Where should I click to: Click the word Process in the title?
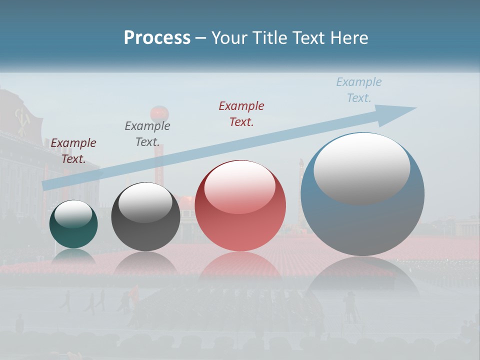click(157, 38)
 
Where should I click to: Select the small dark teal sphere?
click(73, 224)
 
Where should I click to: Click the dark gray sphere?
click(145, 217)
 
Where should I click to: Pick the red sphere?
click(240, 206)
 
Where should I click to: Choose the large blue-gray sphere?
click(362, 194)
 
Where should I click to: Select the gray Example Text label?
click(147, 134)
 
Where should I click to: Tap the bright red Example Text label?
click(241, 113)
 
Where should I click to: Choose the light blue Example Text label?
click(359, 89)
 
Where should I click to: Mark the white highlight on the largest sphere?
click(361, 167)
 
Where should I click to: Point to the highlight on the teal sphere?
click(73, 214)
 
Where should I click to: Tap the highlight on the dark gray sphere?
click(145, 202)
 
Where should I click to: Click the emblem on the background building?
click(20, 120)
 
